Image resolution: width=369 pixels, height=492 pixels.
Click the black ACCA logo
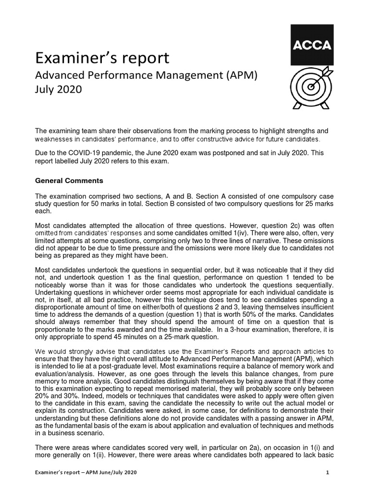pyautogui.click(x=311, y=46)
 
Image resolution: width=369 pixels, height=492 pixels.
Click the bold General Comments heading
pyautogui.click(x=69, y=181)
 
